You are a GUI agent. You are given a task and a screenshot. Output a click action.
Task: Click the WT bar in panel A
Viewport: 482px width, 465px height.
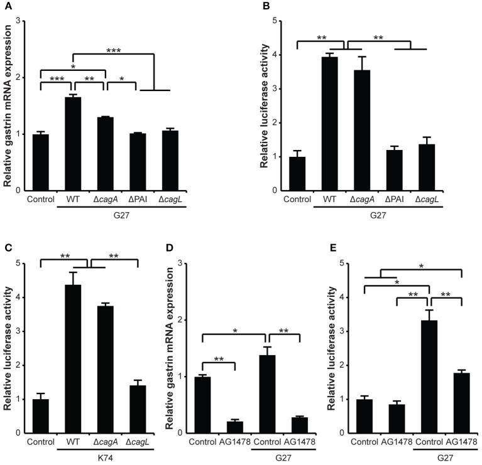coord(73,144)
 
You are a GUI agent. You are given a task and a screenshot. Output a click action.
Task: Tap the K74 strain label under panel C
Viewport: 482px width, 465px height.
coord(105,461)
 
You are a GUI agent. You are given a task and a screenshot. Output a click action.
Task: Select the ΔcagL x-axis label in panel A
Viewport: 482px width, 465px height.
coord(170,201)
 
